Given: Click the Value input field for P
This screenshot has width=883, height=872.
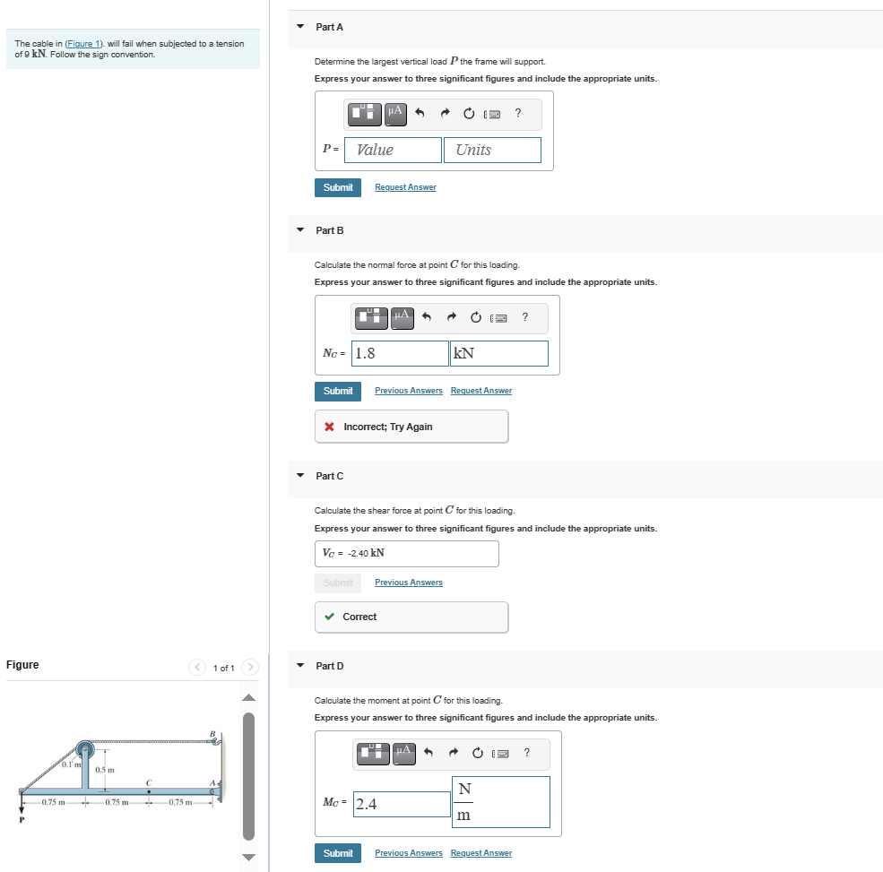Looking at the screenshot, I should click(x=393, y=150).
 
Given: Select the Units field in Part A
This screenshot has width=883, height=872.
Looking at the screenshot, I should click(x=492, y=150).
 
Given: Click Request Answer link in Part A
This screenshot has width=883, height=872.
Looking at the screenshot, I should click(x=405, y=187).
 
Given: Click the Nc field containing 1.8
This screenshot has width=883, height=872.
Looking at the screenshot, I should click(x=400, y=353).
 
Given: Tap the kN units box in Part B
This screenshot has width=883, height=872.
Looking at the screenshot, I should click(x=499, y=353).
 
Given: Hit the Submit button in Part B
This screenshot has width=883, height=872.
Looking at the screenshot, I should click(x=337, y=391).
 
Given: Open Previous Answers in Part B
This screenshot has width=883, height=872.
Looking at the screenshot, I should click(x=408, y=391).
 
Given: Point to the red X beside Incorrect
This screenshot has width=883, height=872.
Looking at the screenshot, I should click(x=331, y=427).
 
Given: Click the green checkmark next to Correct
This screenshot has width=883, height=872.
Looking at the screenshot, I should click(x=330, y=617).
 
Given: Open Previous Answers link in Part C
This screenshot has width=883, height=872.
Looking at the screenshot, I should click(x=408, y=583).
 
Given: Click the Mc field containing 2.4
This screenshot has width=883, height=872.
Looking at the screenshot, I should click(x=402, y=804).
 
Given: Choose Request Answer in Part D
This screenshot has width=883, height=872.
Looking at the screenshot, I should click(x=481, y=853).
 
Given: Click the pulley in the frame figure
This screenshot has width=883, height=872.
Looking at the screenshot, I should click(x=85, y=748).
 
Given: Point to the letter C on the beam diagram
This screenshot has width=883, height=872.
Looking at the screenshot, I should click(x=149, y=781).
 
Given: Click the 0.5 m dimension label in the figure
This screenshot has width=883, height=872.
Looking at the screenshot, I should click(x=105, y=770).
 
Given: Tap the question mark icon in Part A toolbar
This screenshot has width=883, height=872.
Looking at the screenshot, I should click(x=518, y=113).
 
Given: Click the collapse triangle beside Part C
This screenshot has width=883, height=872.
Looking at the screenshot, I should click(x=300, y=476).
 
